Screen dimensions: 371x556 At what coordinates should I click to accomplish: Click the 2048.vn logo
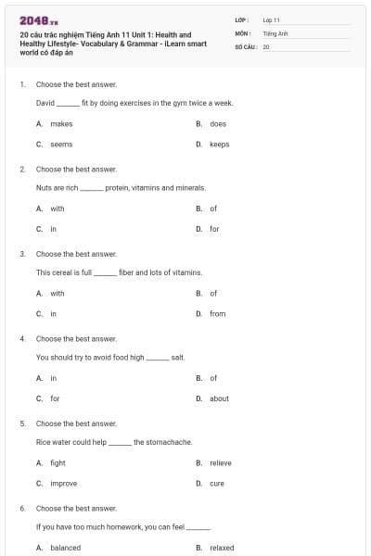tap(38, 19)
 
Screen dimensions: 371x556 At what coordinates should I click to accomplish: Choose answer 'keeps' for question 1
tap(219, 145)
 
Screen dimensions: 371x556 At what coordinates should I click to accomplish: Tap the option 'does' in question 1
tap(218, 123)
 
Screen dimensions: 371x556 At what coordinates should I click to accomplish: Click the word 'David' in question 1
tap(45, 103)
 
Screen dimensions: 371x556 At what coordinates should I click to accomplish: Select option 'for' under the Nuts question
tap(214, 229)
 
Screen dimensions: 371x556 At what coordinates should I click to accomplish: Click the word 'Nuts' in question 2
tap(44, 187)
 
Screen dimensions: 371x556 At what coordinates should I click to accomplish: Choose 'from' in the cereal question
tap(218, 314)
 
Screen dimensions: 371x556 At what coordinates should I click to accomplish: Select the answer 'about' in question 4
tap(219, 398)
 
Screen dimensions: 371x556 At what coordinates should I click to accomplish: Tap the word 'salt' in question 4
tap(178, 357)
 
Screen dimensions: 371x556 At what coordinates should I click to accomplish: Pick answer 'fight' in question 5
tap(58, 462)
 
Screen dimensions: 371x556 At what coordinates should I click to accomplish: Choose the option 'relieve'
tap(221, 462)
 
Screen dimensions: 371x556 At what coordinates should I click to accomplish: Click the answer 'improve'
tap(64, 484)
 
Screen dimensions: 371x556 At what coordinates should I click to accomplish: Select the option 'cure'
tap(217, 484)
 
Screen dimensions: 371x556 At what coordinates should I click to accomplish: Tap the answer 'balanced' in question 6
tap(65, 548)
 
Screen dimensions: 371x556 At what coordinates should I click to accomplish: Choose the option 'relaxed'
tap(222, 548)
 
